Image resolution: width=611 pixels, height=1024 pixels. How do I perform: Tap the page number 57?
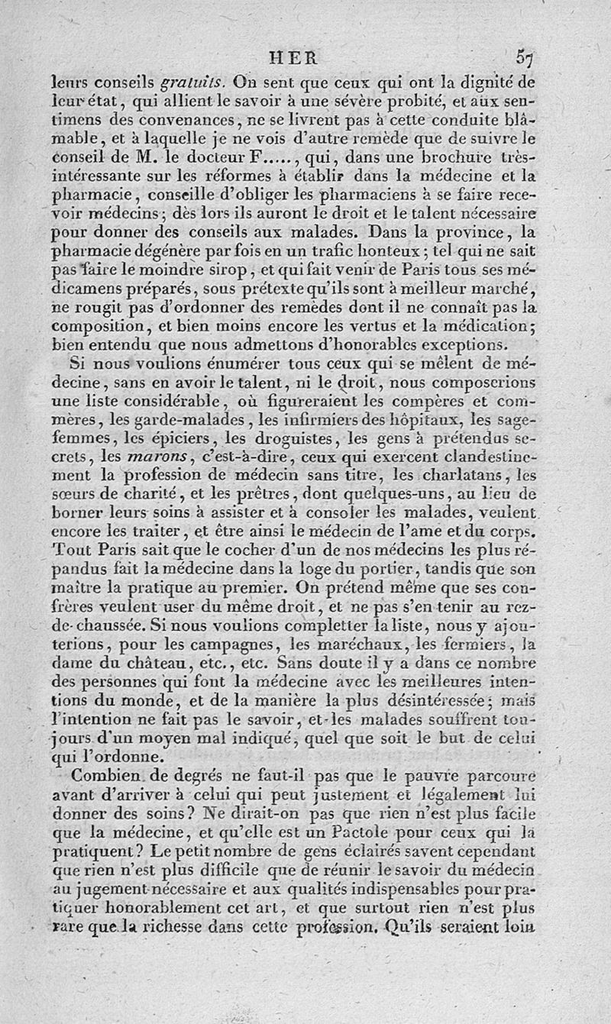pyautogui.click(x=523, y=57)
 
